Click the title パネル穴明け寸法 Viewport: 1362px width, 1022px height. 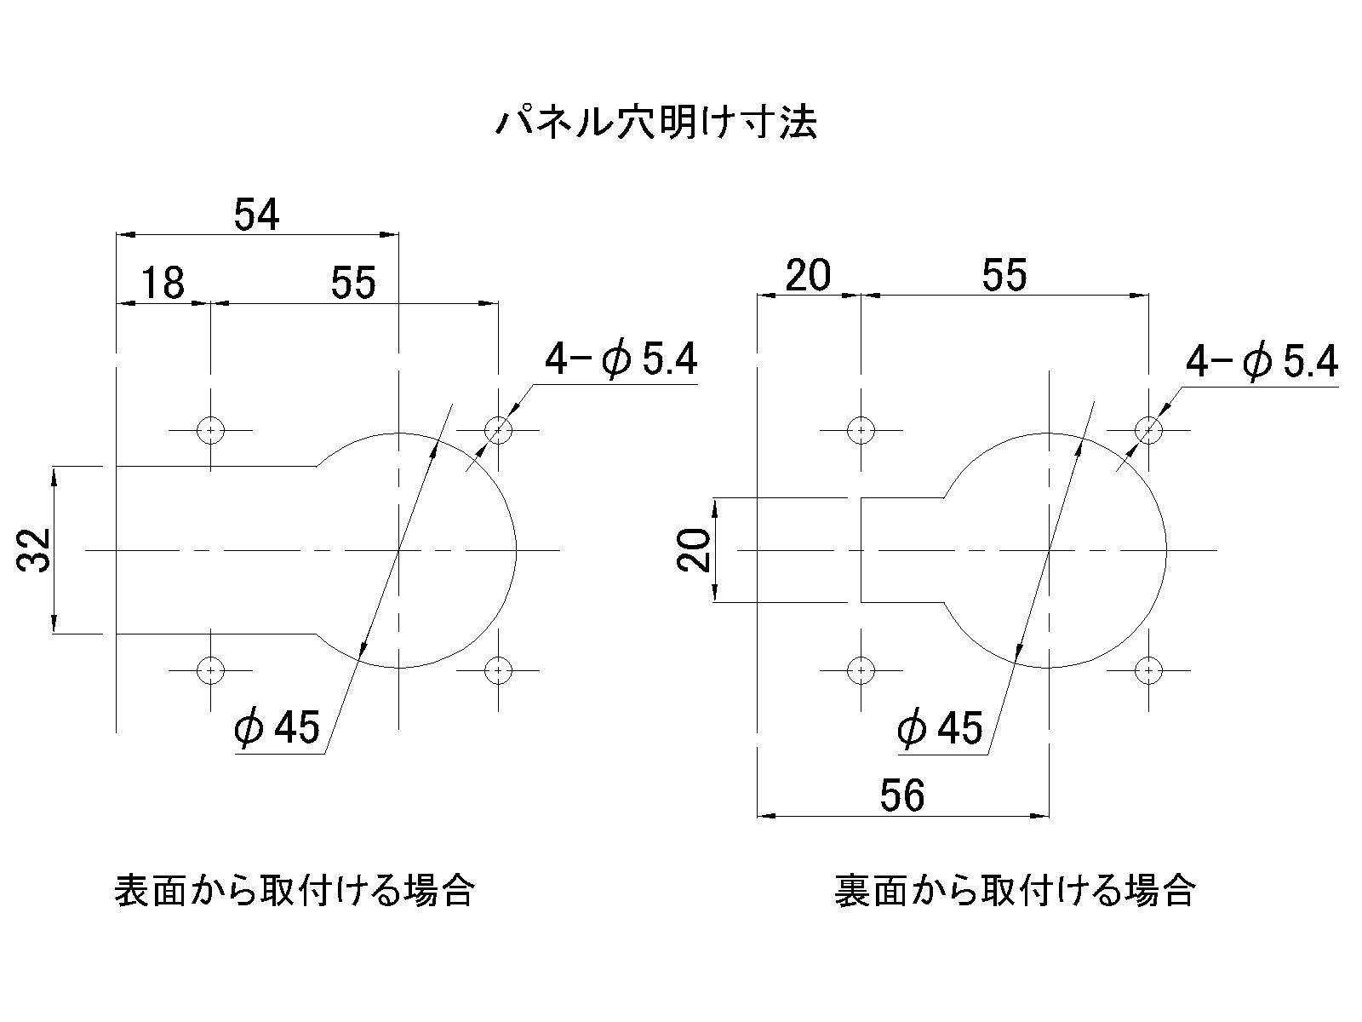click(655, 123)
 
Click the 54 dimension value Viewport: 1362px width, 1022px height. click(256, 214)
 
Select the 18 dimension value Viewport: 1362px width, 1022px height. click(163, 283)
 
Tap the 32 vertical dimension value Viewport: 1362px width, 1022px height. click(35, 549)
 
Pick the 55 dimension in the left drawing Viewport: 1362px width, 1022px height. click(353, 283)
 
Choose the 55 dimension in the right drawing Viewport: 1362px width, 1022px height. click(1004, 274)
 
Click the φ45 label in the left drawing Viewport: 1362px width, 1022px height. click(277, 726)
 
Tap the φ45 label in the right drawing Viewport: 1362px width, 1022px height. click(940, 727)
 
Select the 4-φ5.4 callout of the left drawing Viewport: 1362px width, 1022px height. click(621, 359)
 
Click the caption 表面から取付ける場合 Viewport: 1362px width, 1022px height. click(295, 891)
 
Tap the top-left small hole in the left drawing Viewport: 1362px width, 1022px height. click(211, 430)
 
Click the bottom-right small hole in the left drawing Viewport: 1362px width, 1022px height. click(498, 670)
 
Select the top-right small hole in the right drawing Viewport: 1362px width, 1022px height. click(1148, 430)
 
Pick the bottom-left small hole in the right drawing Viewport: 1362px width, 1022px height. click(861, 670)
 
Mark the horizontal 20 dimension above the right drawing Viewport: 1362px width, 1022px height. click(808, 274)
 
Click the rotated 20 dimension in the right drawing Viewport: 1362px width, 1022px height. click(694, 549)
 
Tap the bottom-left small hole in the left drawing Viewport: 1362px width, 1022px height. click(211, 670)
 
